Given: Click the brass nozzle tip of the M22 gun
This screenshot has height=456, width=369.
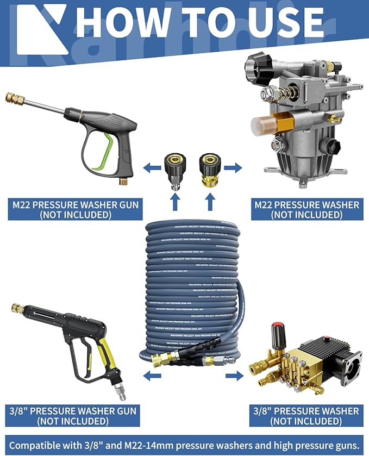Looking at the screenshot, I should tap(11, 98).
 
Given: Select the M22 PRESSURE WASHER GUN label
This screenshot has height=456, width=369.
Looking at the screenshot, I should tap(76, 209).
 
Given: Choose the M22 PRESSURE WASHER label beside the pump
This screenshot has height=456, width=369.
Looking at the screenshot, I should tap(307, 209).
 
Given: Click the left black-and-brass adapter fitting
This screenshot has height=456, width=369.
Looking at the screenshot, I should tap(174, 167).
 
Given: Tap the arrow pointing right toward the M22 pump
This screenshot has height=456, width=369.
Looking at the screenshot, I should tap(233, 168).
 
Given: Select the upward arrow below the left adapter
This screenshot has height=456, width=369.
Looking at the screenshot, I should tap(174, 203).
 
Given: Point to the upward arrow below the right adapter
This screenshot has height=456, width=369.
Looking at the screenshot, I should tap(210, 203).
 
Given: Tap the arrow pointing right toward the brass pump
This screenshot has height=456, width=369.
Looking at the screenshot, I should tap(233, 376).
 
